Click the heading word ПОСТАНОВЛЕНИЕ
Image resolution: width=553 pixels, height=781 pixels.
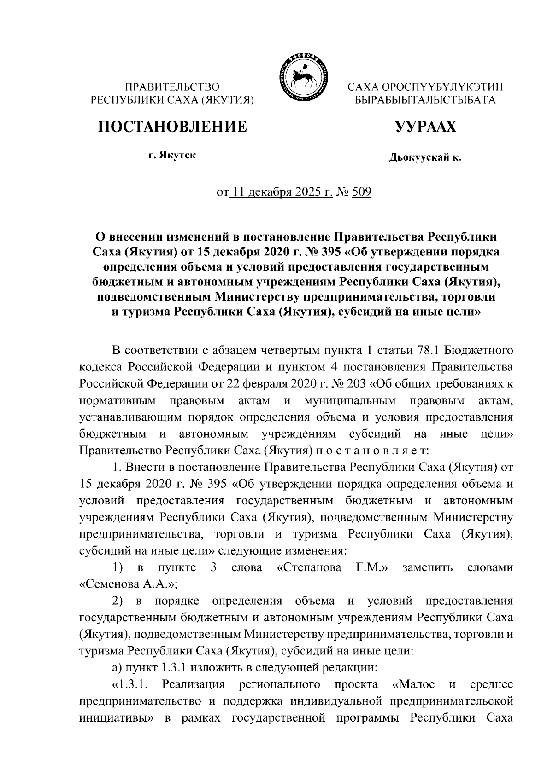click(171, 126)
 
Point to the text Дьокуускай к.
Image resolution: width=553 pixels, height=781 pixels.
click(424, 158)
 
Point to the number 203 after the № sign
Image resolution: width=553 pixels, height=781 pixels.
click(355, 383)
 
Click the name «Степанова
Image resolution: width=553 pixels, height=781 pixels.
click(309, 567)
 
